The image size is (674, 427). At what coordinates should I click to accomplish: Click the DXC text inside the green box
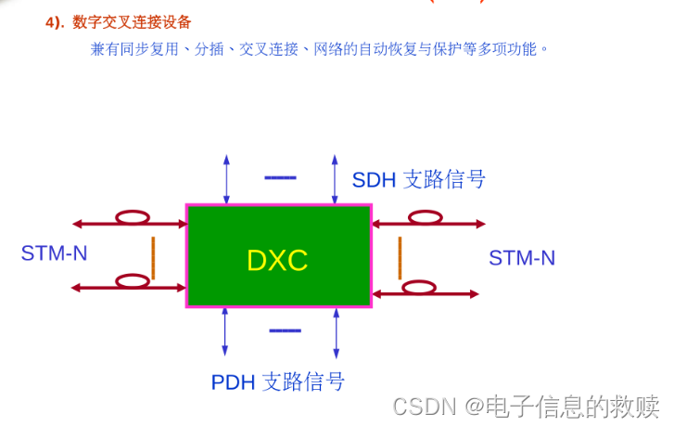[x=277, y=260]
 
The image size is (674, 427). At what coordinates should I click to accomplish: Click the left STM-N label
[x=54, y=252]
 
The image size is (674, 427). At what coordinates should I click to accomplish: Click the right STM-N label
[x=522, y=258]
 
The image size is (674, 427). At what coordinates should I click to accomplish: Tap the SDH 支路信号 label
[x=418, y=179]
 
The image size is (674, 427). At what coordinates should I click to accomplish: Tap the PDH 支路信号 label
[x=278, y=382]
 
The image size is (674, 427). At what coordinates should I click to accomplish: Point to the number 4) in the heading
[x=55, y=22]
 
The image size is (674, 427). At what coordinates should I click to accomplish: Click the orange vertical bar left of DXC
[x=153, y=257]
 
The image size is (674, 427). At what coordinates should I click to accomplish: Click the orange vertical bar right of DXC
[x=400, y=257]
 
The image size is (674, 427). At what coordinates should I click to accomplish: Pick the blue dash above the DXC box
[x=280, y=176]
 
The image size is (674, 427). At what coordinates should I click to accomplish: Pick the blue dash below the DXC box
[x=285, y=330]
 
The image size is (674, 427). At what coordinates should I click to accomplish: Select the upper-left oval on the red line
[x=133, y=218]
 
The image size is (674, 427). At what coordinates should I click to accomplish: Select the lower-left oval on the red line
[x=132, y=282]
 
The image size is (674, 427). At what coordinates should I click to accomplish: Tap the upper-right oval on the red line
[x=425, y=218]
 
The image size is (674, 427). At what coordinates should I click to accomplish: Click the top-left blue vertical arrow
[x=225, y=179]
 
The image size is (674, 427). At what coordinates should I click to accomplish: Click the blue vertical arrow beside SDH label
[x=336, y=179]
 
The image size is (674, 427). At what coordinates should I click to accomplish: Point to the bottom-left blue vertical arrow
[x=225, y=331]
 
